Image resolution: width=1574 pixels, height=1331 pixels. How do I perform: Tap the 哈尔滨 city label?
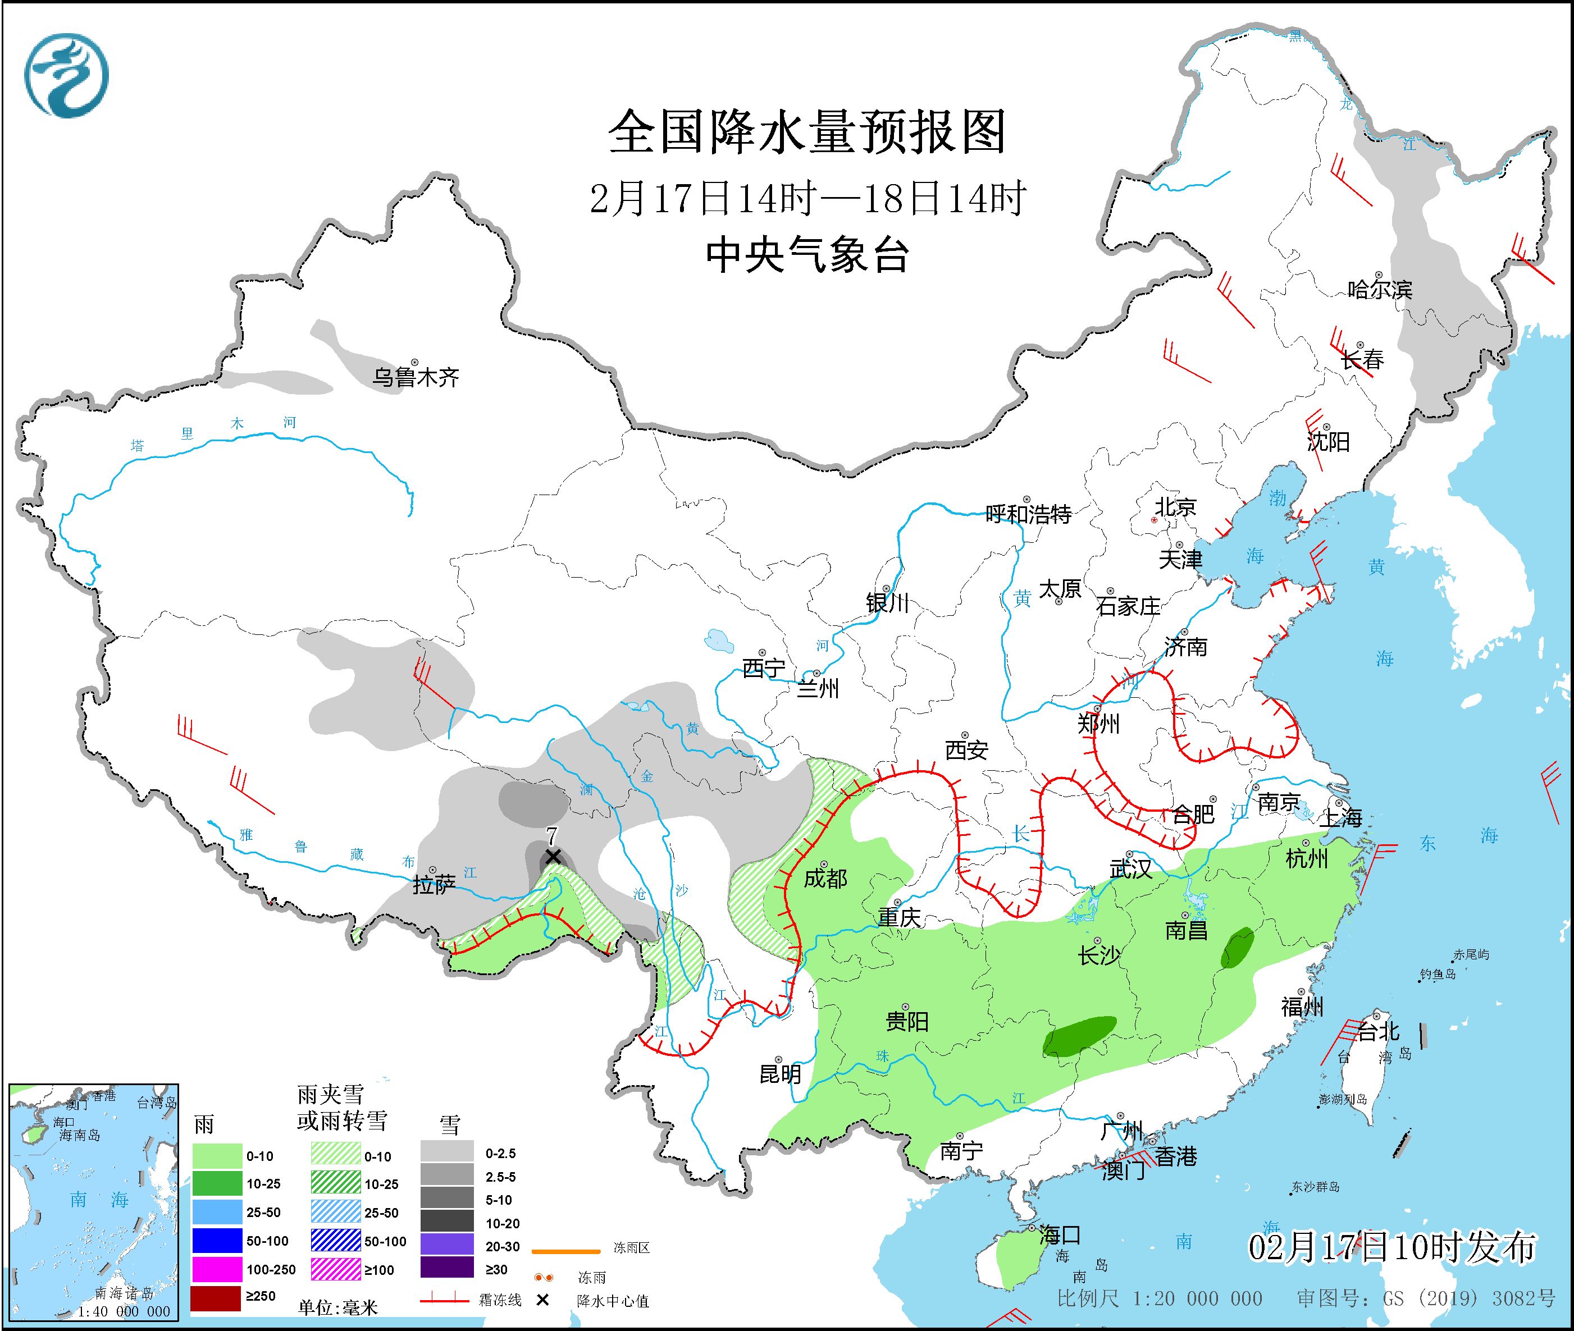1379,290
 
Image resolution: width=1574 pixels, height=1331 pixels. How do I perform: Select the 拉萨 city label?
434,885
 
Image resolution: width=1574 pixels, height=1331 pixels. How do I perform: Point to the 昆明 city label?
780,1073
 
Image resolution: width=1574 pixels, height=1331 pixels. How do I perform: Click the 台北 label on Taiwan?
1379,1031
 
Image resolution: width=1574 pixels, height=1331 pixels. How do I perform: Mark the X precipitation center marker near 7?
553,857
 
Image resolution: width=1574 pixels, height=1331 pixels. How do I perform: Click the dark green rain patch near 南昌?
1237,949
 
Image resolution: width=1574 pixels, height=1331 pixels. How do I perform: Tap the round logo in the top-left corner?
66,75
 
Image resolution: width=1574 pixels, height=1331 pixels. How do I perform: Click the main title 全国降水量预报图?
807,132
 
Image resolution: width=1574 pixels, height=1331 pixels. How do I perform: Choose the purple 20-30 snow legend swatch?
447,1246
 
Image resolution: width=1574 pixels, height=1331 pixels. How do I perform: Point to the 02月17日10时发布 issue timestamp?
1391,1247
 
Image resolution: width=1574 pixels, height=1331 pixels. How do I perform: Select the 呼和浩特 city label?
1028,515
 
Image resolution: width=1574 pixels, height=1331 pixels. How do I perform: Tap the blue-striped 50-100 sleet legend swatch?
336,1241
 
